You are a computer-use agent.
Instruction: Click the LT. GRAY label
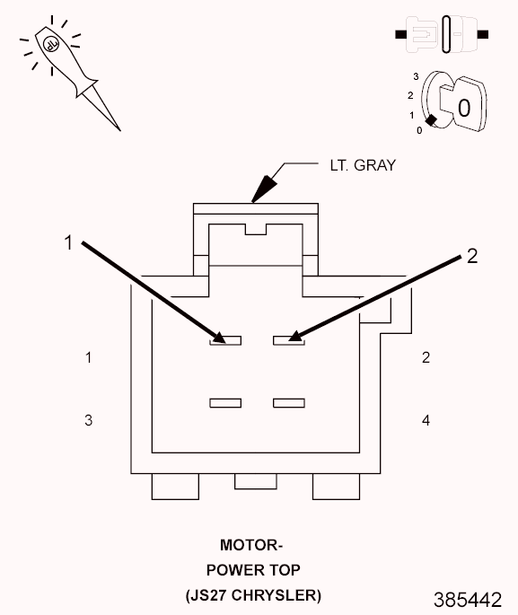point(363,165)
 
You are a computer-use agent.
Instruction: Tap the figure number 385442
point(468,600)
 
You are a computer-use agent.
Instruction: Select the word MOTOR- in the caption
point(251,545)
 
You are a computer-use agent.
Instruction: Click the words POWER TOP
point(253,570)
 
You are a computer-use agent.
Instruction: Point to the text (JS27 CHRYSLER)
point(253,595)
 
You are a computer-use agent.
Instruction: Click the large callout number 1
point(68,242)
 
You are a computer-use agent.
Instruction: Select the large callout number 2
point(472,256)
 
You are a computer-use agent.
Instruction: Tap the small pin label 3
point(89,420)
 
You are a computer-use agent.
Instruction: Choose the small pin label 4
point(426,420)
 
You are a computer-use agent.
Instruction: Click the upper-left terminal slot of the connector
point(225,340)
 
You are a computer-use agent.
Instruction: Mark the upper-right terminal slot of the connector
point(289,340)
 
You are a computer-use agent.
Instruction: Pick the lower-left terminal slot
point(225,403)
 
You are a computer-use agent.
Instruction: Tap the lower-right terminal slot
point(289,403)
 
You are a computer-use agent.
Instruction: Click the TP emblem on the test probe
point(50,43)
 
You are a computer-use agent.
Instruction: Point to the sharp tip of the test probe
point(119,130)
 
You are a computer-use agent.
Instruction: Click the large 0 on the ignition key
point(464,108)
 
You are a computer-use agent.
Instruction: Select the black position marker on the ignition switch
point(431,120)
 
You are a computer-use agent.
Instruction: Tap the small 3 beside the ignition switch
point(416,76)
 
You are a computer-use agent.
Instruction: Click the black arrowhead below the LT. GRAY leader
point(264,189)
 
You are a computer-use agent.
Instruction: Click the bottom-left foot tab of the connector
point(175,487)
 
